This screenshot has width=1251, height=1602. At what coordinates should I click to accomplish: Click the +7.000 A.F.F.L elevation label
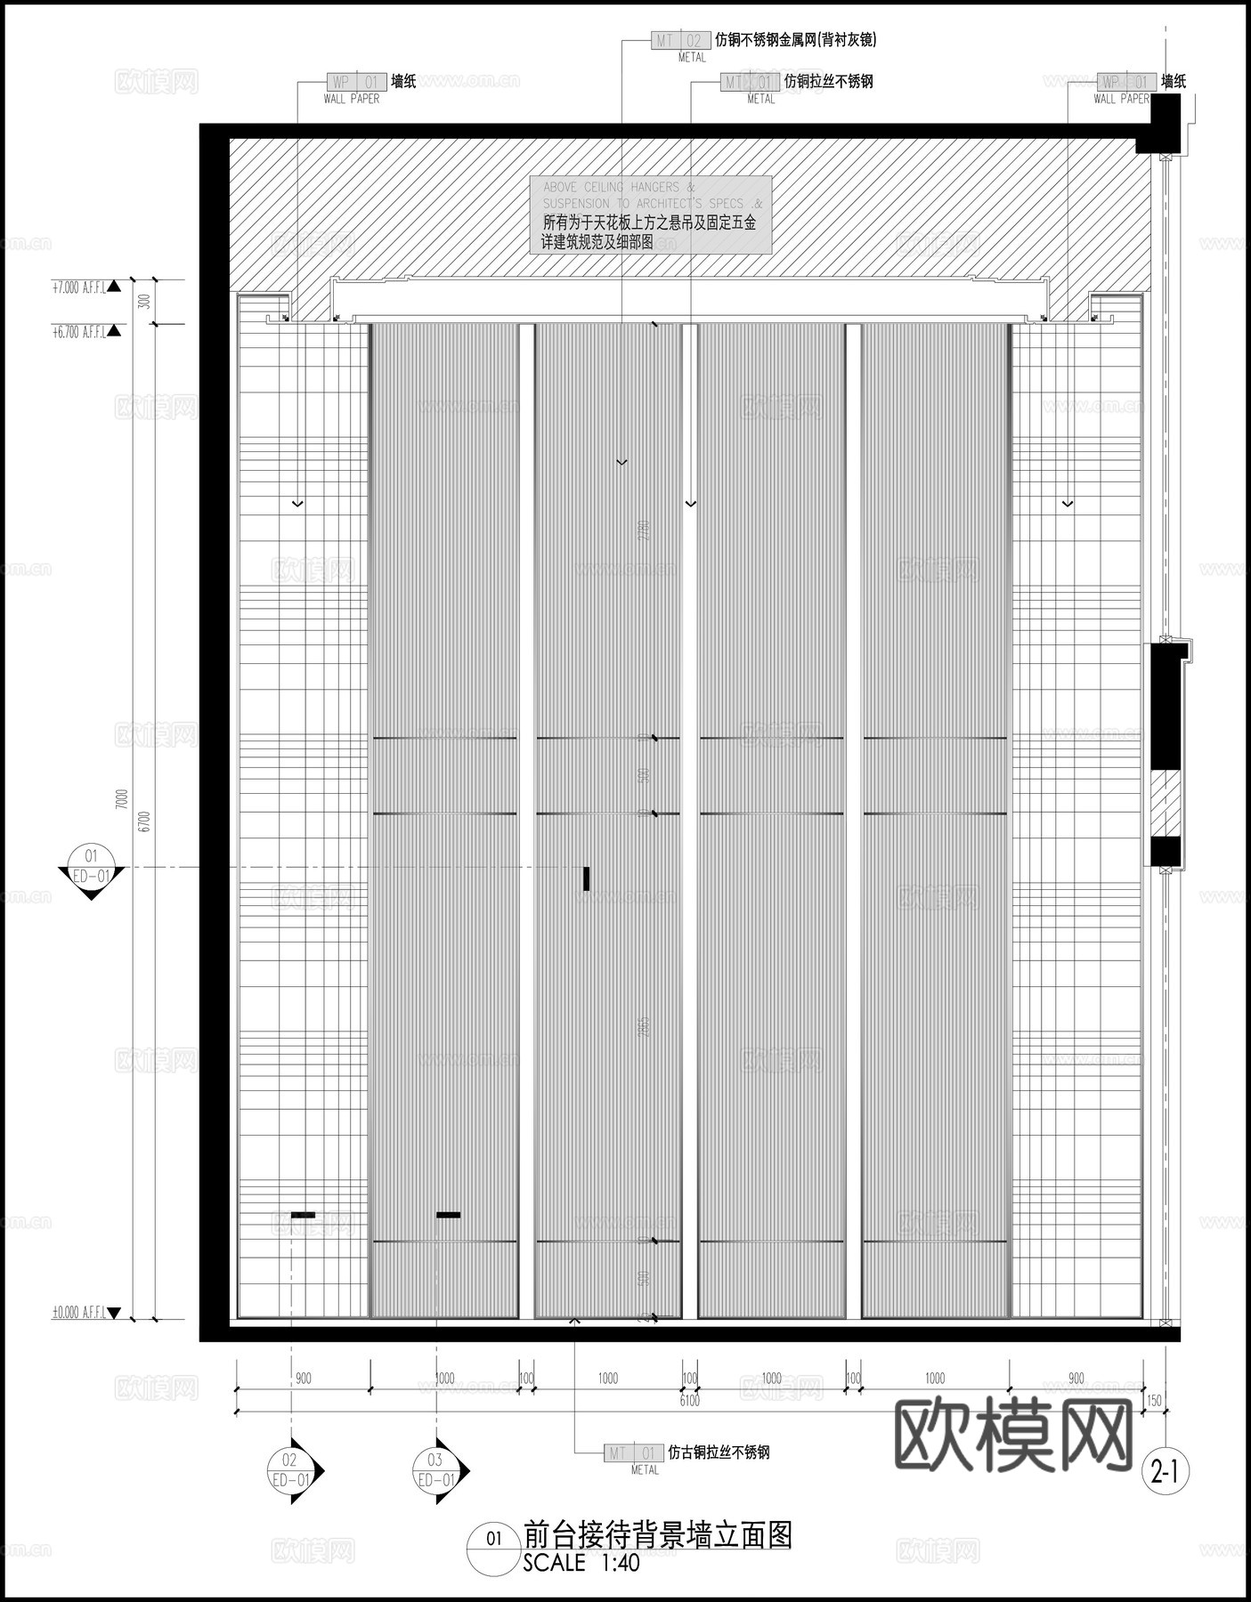click(x=79, y=287)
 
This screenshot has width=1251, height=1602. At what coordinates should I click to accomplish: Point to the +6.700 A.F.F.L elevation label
click(x=79, y=332)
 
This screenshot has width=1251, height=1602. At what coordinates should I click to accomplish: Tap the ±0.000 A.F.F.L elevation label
click(x=79, y=1312)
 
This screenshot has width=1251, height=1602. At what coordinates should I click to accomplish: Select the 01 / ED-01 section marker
click(x=91, y=869)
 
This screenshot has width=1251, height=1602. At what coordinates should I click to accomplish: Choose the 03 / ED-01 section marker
click(x=436, y=1470)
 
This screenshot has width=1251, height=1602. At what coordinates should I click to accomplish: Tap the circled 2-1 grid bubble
click(x=1165, y=1473)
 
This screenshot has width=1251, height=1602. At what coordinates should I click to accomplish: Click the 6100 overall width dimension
click(x=689, y=1401)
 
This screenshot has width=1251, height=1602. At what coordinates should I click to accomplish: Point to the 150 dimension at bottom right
click(x=1154, y=1401)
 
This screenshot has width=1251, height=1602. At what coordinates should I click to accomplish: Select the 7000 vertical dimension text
click(x=122, y=799)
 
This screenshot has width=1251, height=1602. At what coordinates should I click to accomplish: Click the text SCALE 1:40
click(x=581, y=1563)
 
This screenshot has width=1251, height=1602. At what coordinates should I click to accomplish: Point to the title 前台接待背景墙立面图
click(x=657, y=1535)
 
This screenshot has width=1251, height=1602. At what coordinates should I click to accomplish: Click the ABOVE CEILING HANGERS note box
click(x=650, y=214)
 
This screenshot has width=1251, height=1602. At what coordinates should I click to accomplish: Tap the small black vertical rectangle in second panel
click(x=587, y=878)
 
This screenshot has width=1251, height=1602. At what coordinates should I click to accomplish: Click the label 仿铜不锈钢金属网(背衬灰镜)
click(x=796, y=40)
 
